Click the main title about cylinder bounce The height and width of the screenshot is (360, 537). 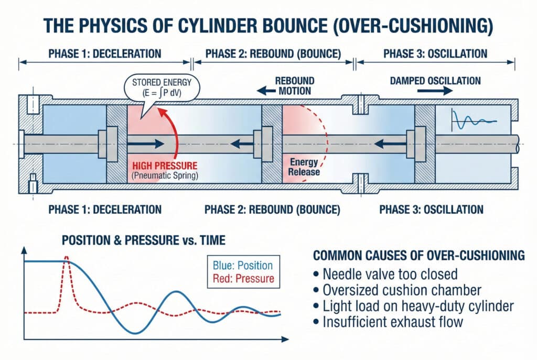268,25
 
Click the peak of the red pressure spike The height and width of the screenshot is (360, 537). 67,257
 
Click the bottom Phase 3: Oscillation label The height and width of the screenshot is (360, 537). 430,210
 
